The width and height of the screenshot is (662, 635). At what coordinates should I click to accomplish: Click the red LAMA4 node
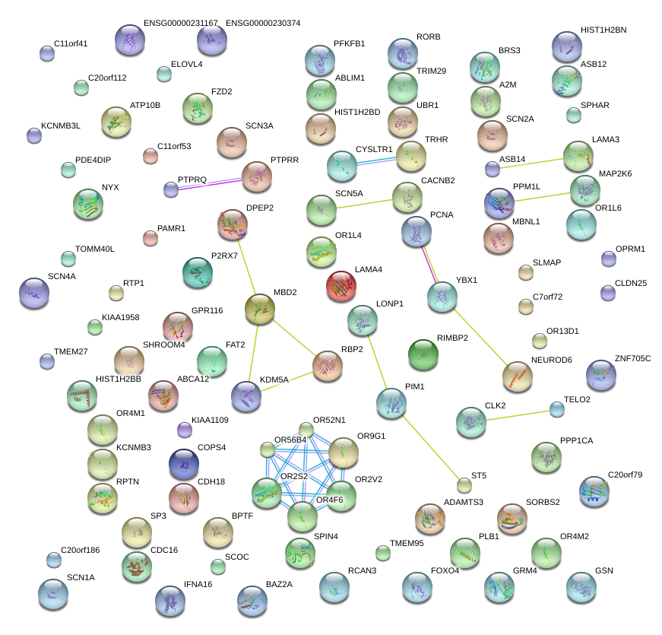pos(341,286)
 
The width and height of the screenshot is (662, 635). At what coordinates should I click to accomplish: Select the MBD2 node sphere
pos(260,309)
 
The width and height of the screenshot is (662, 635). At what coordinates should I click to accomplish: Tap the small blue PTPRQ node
pos(171,189)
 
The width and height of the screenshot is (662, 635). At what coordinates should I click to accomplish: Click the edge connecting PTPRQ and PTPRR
pos(207,184)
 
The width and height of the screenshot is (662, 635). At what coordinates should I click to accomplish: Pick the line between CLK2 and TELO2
pos(515,415)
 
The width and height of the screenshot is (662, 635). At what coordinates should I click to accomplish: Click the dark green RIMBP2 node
pos(423,354)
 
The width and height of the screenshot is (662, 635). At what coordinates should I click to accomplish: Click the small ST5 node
pos(464,485)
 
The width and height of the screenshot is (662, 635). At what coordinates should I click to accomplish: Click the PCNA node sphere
pos(416,231)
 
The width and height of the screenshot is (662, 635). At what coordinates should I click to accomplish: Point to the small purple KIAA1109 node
pos(184,430)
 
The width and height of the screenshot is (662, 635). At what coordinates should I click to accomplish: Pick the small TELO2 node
pos(557,409)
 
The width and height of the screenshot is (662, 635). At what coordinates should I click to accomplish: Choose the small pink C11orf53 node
pos(150,157)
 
